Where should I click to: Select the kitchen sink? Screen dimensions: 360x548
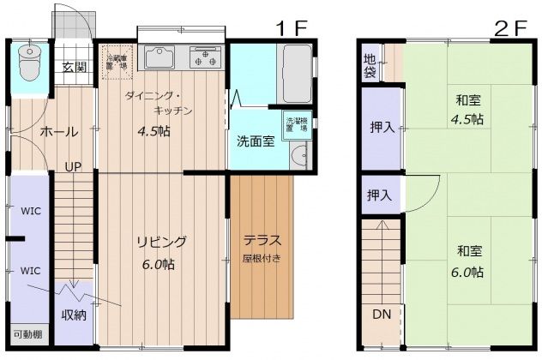click(x=160, y=58)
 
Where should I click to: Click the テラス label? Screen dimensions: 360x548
click(x=262, y=240)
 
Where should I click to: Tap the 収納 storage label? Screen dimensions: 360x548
click(x=73, y=315)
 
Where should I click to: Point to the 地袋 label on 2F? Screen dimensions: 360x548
click(x=370, y=65)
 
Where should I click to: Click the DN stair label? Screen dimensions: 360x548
click(x=381, y=315)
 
